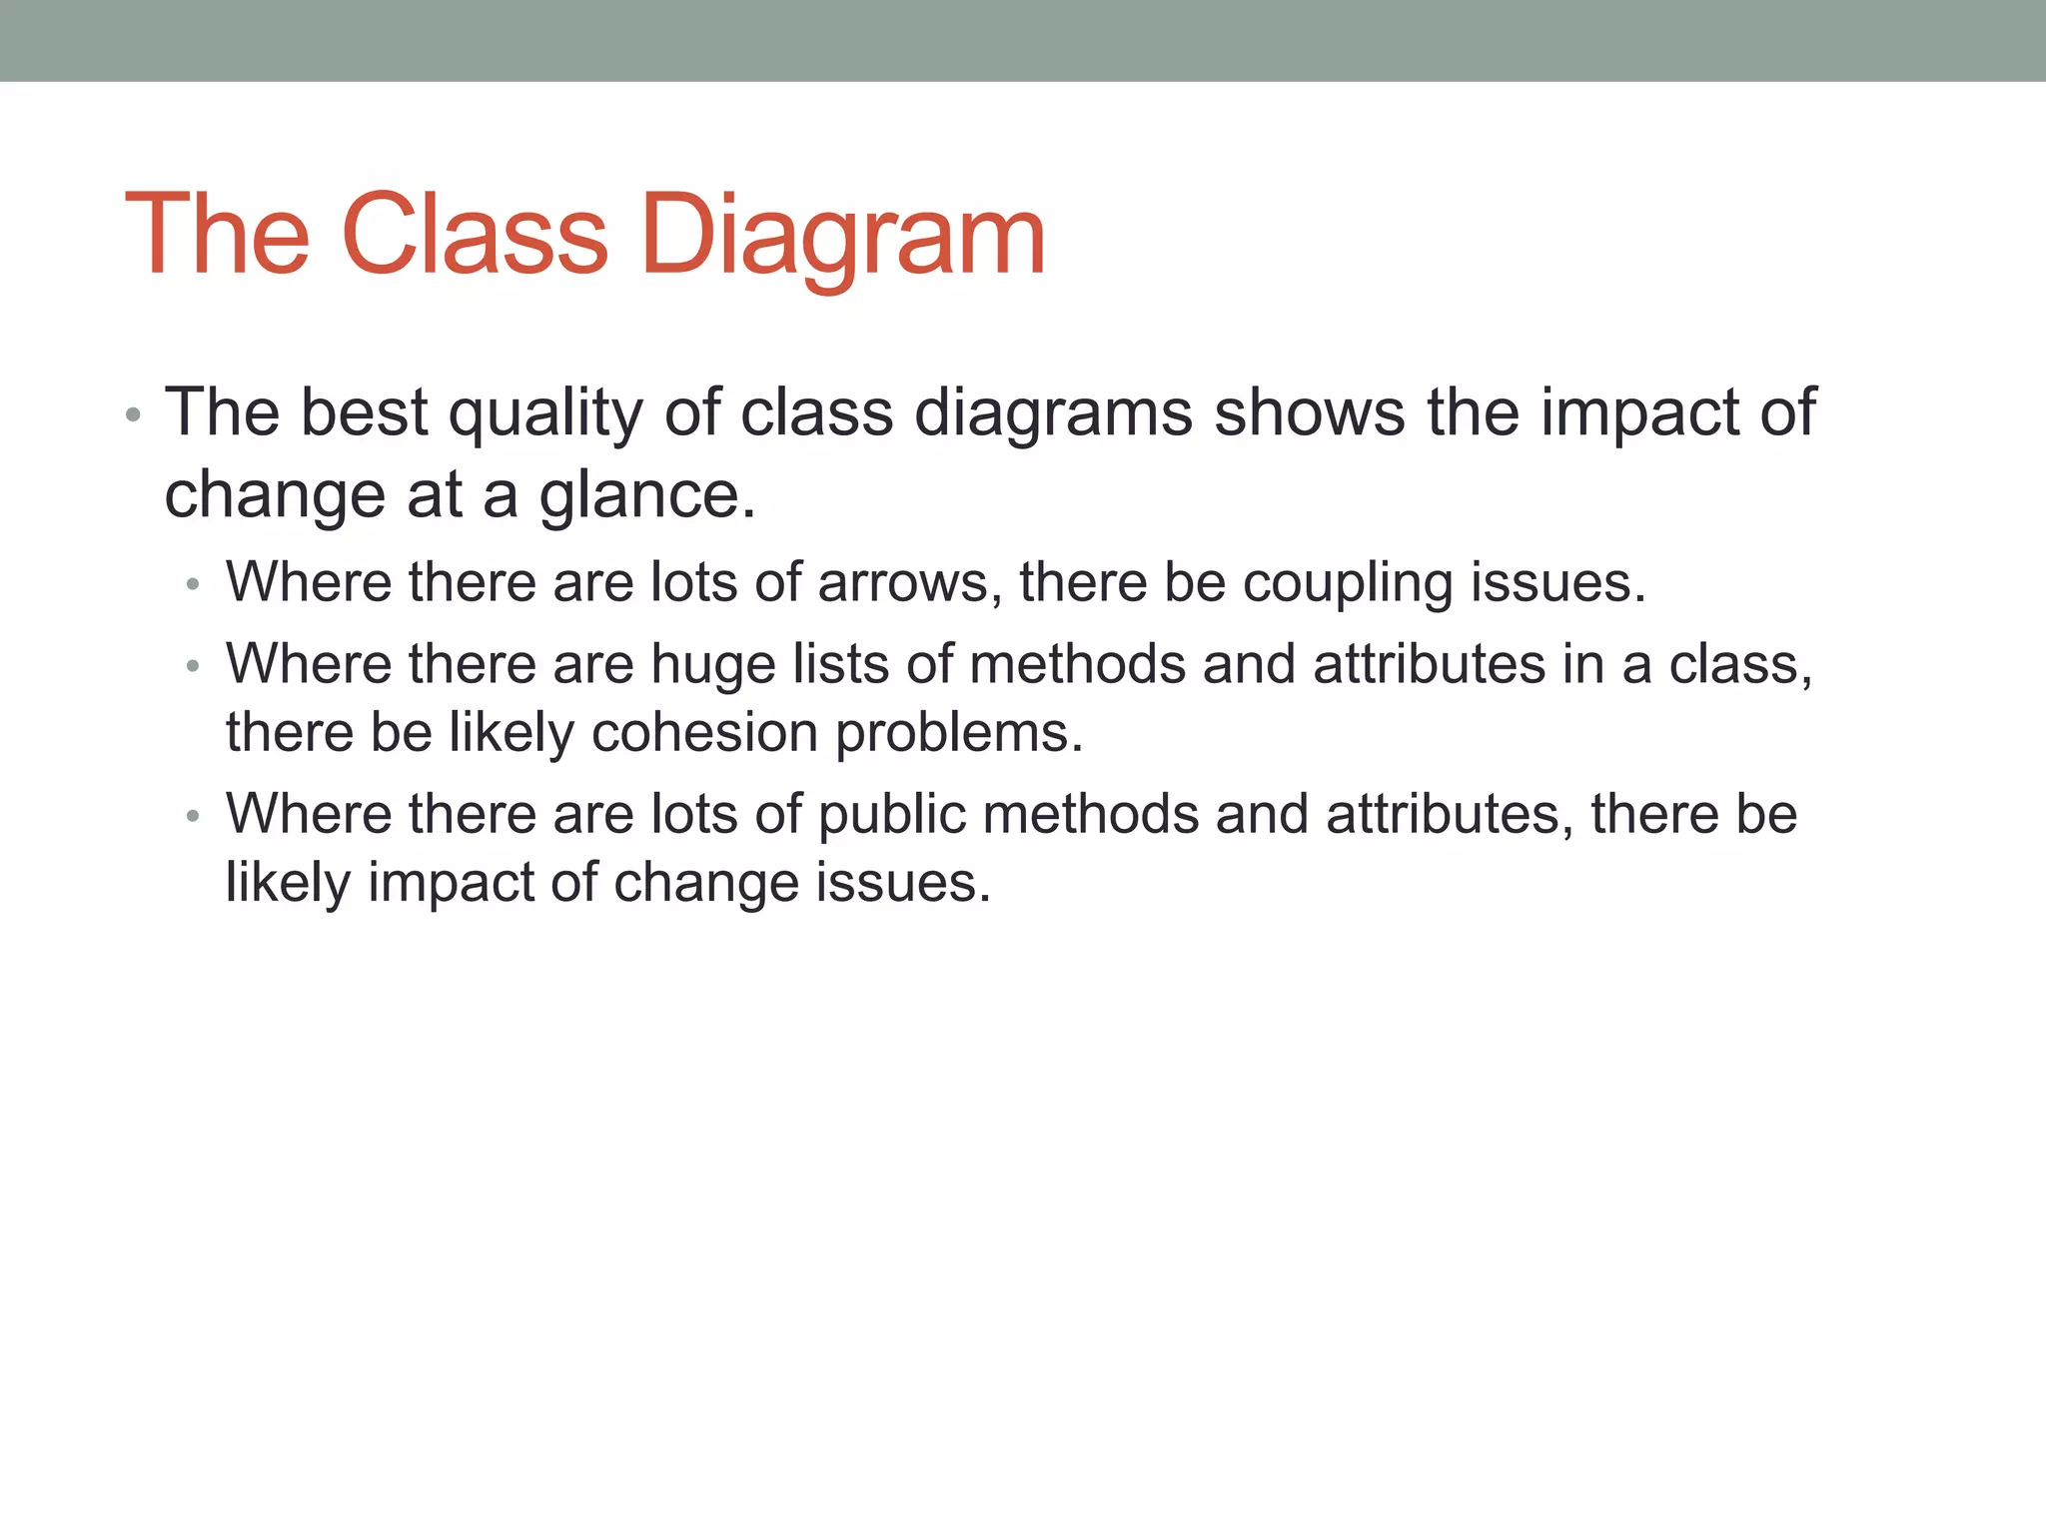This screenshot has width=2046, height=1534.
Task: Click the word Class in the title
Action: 474,236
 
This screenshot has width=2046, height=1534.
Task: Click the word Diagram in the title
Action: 842,236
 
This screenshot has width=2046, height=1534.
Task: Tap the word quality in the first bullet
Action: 545,412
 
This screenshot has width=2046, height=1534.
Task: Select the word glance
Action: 646,494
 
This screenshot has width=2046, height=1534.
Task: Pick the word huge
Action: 713,664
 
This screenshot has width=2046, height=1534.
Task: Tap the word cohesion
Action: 704,732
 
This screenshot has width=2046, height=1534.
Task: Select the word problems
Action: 959,732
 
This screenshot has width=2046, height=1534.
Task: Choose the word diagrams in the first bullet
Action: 1053,412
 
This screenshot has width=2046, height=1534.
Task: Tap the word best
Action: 364,412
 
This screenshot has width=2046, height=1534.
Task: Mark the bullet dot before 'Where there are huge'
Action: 194,666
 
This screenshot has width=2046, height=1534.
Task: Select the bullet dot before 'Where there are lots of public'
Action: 194,816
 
